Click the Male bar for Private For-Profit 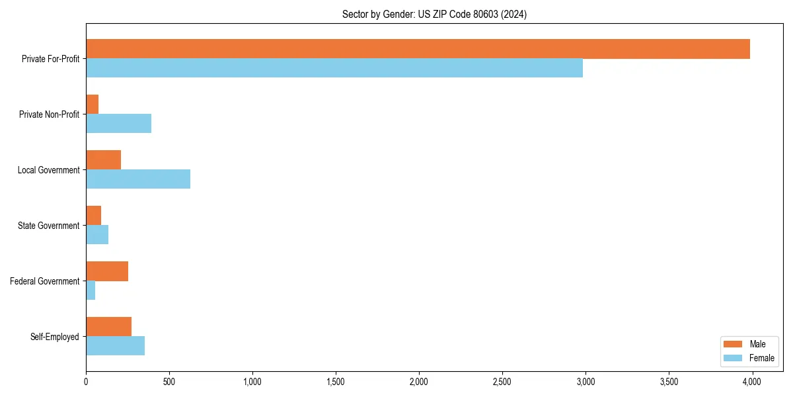click(x=418, y=49)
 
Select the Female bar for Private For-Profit click(x=334, y=68)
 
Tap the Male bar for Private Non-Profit click(x=93, y=105)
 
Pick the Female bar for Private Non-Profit click(x=119, y=124)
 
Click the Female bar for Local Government click(x=138, y=179)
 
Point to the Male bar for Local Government click(x=104, y=160)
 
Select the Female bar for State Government click(x=97, y=235)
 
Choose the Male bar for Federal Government click(x=107, y=271)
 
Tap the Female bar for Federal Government click(x=91, y=290)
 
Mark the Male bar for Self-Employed click(x=109, y=327)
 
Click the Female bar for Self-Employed click(x=116, y=346)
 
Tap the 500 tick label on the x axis click(x=169, y=381)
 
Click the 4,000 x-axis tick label click(x=752, y=381)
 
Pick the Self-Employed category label click(x=55, y=337)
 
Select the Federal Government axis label click(x=45, y=281)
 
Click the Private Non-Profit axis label click(x=49, y=114)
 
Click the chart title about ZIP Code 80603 click(x=434, y=15)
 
